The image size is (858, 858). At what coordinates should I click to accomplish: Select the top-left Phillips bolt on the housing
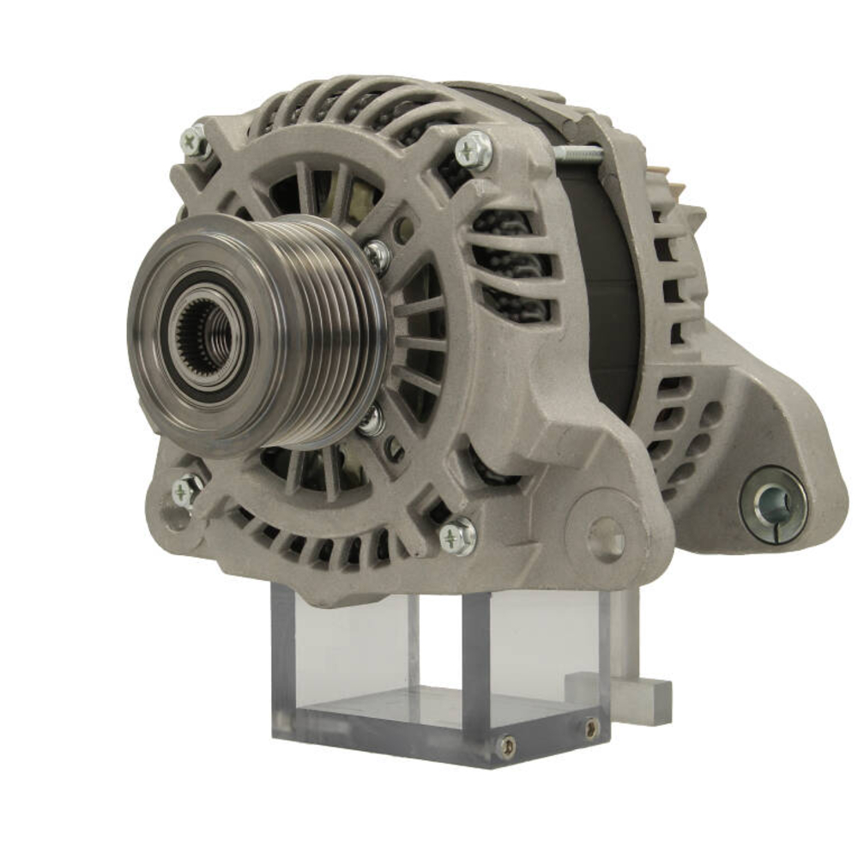195,142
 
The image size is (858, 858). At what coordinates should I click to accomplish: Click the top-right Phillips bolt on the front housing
474,150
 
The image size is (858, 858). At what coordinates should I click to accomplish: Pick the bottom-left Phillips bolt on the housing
185,491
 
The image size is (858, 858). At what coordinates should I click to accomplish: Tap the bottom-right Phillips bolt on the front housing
457,537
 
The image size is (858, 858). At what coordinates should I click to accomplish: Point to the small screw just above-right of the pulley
377,255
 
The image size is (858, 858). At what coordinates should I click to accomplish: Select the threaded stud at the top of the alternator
579,154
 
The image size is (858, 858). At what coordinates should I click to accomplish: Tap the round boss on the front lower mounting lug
607,538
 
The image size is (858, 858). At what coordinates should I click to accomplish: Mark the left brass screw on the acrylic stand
508,746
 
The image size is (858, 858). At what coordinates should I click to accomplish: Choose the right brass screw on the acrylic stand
591,728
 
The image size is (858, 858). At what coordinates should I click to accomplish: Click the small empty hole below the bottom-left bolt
176,519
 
